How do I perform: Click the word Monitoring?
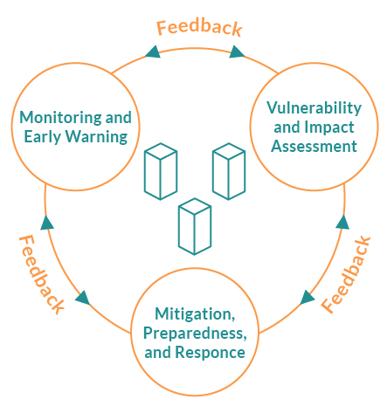pyautogui.click(x=60, y=119)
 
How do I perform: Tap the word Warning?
pyautogui.click(x=96, y=137)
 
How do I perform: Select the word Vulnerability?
pyautogui.click(x=314, y=109)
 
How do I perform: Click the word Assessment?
pyautogui.click(x=314, y=146)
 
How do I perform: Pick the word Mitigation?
pyautogui.click(x=195, y=314)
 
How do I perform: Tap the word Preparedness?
pyautogui.click(x=195, y=334)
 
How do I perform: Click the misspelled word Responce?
pyautogui.click(x=210, y=353)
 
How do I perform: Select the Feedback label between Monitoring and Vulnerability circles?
pyautogui.click(x=199, y=28)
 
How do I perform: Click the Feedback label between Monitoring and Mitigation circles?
pyautogui.click(x=41, y=274)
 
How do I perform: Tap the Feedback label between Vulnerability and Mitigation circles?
pyautogui.click(x=346, y=274)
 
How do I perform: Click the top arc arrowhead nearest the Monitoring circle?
pyautogui.click(x=153, y=52)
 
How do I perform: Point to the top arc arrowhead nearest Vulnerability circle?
pyautogui.click(x=237, y=52)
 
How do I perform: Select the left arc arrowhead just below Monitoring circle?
pyautogui.click(x=47, y=223)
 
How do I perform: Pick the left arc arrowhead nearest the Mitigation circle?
pyautogui.click(x=83, y=298)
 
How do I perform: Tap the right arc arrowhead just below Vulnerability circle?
pyautogui.click(x=342, y=223)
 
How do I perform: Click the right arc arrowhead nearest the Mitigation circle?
pyautogui.click(x=307, y=297)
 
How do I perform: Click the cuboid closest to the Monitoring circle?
pyautogui.click(x=161, y=171)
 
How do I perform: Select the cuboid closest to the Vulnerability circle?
pyautogui.click(x=229, y=171)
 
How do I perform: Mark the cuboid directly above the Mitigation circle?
pyautogui.click(x=195, y=226)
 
